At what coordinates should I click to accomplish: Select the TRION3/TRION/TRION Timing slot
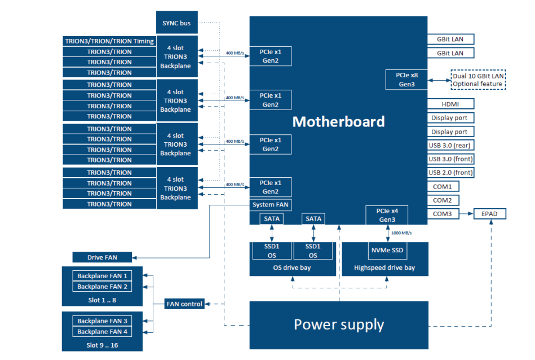109,41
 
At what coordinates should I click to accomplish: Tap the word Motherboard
338,121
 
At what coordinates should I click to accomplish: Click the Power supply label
338,324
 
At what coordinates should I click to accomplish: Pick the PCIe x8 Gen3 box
406,80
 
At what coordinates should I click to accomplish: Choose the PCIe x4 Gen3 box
387,215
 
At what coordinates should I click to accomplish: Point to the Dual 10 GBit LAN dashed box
477,80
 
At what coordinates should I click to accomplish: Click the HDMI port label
450,104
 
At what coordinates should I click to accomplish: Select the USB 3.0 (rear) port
450,145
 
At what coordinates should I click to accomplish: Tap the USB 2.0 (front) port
450,173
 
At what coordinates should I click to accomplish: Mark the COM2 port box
442,200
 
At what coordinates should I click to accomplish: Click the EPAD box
489,214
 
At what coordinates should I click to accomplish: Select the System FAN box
271,205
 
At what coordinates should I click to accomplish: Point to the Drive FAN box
102,257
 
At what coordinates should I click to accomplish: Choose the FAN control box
184,304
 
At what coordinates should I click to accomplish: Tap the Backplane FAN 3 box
102,321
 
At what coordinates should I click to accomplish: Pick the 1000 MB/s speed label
401,232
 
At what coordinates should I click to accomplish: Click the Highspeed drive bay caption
384,267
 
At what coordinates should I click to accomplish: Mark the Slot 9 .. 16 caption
102,344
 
